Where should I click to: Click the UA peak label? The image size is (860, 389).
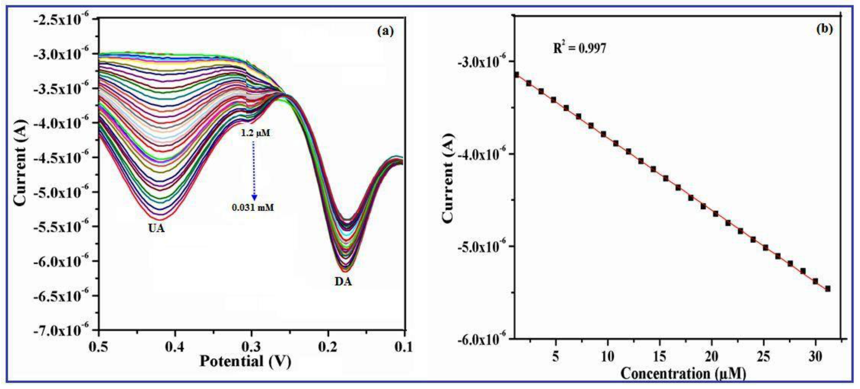click(x=156, y=228)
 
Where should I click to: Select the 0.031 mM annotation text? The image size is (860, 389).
click(x=253, y=208)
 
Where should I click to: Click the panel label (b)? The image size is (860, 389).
click(x=824, y=29)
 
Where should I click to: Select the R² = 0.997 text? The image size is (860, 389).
click(x=579, y=48)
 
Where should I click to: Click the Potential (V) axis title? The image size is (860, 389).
click(x=245, y=362)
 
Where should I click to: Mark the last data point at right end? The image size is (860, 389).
click(x=828, y=289)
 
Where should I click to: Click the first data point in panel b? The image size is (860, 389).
click(x=516, y=75)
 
